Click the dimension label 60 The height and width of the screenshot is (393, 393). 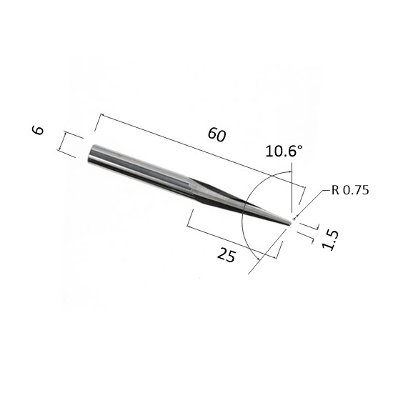point(217,134)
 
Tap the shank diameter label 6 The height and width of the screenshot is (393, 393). point(38,130)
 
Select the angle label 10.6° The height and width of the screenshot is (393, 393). point(284,151)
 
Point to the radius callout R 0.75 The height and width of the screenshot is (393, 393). point(350,190)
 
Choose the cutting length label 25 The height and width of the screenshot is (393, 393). point(227,254)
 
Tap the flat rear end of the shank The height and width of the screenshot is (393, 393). point(91,154)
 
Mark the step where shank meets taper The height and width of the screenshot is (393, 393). point(191,186)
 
